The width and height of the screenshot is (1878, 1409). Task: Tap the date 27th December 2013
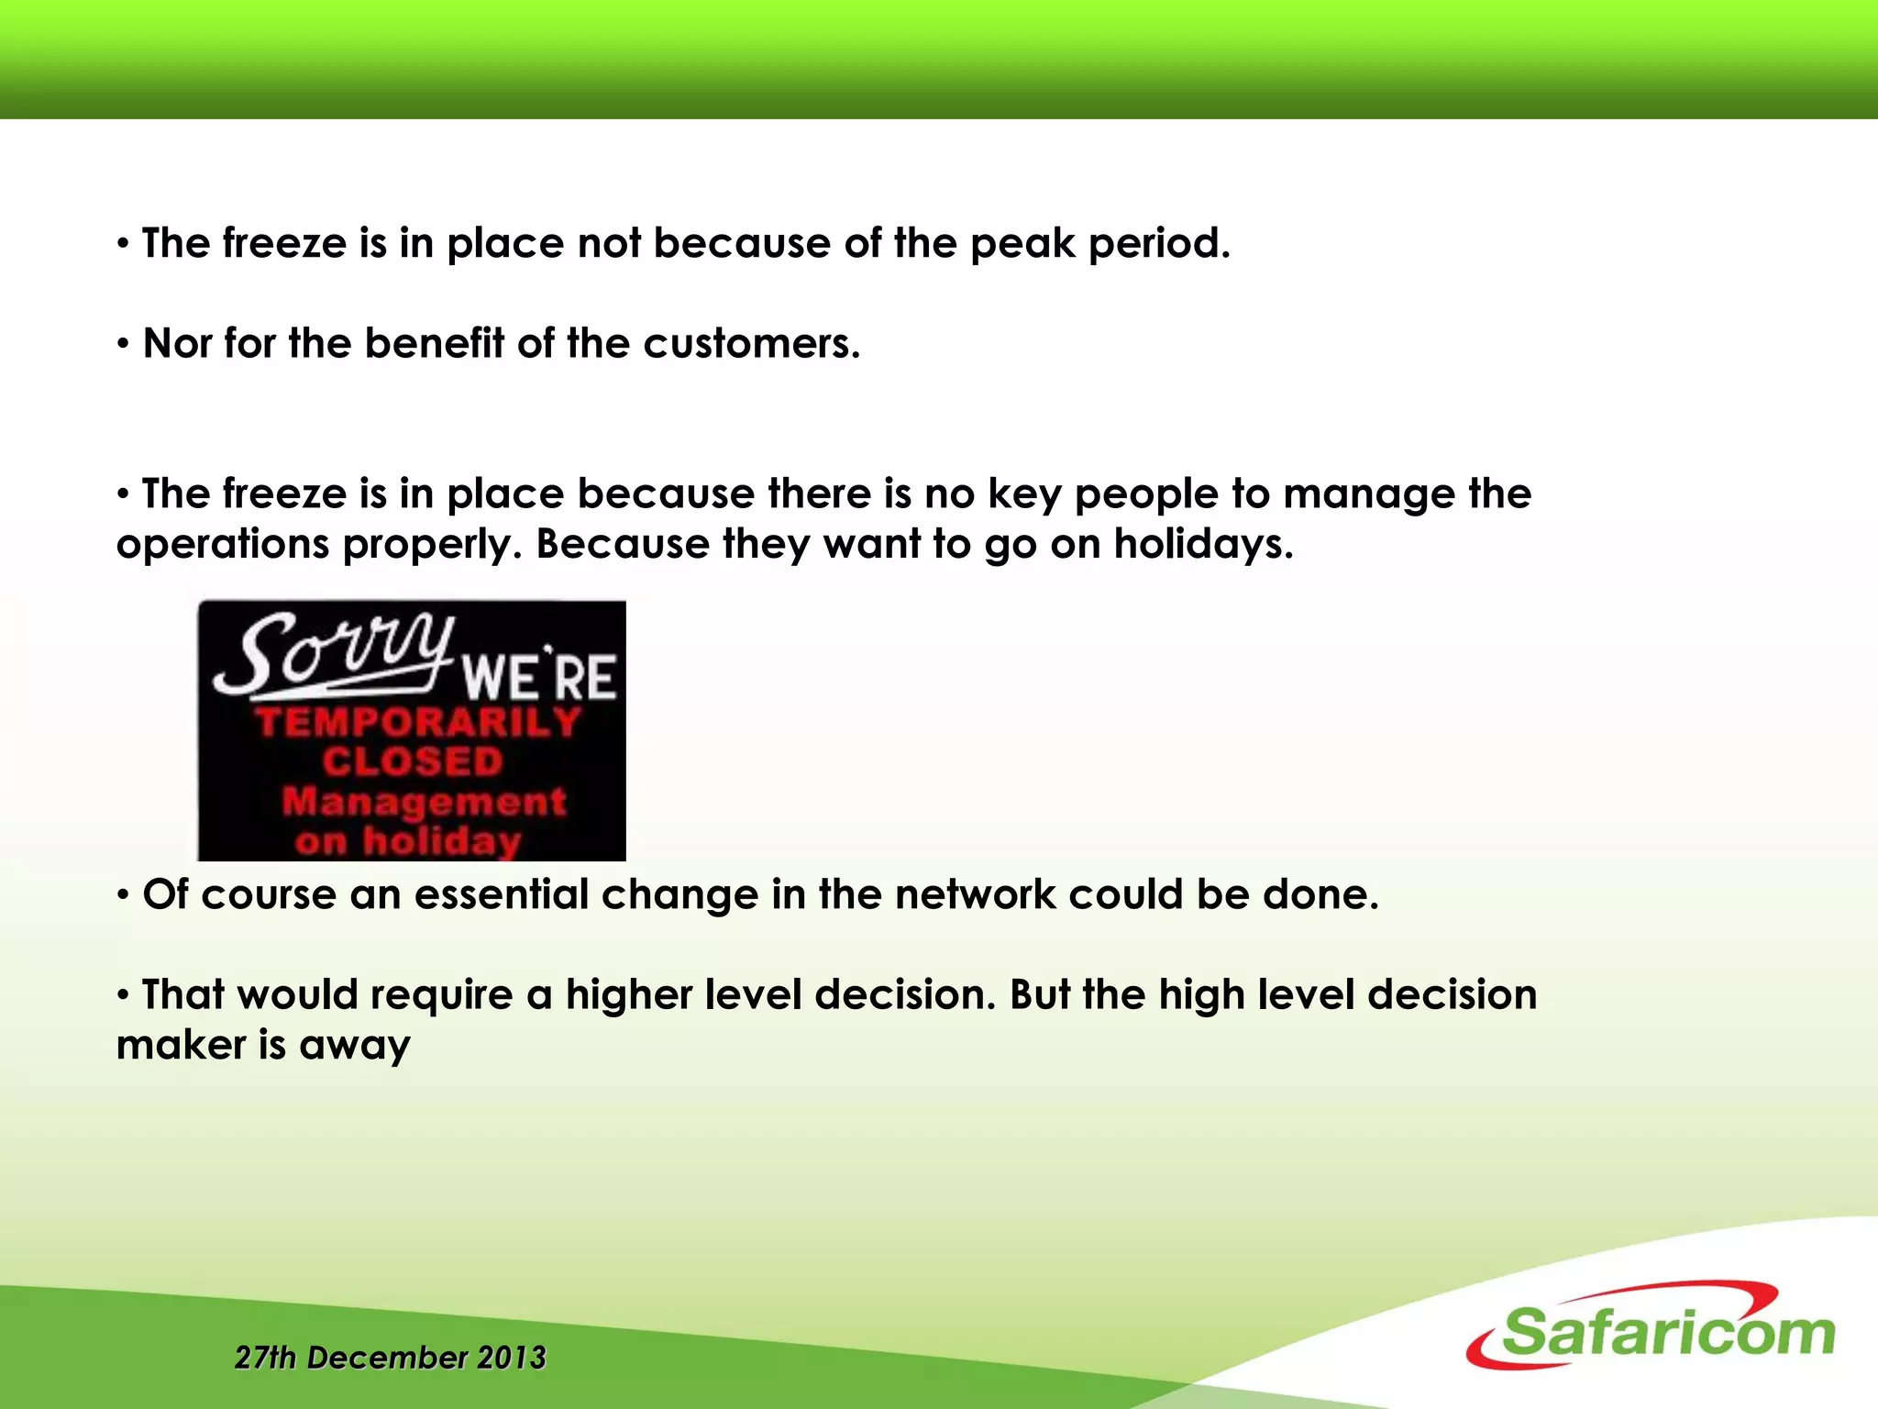[x=390, y=1358]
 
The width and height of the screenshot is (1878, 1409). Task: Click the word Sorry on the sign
[x=335, y=653]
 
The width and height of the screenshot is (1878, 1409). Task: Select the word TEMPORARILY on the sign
[x=418, y=723]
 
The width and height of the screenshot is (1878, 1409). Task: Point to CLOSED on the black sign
[x=413, y=762]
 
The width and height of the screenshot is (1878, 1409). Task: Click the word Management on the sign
[x=424, y=802]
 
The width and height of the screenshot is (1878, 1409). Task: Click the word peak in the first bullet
[x=1022, y=244]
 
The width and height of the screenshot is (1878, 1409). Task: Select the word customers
[x=751, y=344]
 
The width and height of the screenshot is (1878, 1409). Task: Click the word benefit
[x=434, y=344]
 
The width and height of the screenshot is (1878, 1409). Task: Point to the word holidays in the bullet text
[x=1203, y=544]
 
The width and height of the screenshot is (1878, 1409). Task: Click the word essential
[x=501, y=894]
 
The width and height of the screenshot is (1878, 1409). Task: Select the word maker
[x=180, y=1045]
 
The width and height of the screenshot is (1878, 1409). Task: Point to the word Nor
[x=177, y=344]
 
